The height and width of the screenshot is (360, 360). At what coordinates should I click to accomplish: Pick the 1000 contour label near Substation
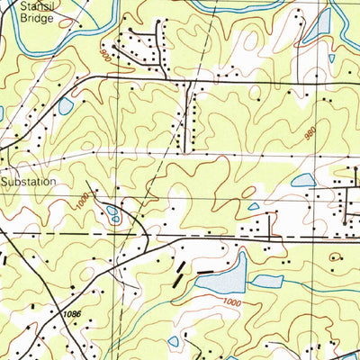85,195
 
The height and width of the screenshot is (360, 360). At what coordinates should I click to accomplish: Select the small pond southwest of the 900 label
65,105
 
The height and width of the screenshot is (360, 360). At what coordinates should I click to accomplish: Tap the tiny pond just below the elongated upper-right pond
331,58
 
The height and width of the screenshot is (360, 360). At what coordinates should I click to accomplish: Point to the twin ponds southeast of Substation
112,214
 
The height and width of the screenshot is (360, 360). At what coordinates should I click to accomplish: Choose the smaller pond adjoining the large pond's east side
266,281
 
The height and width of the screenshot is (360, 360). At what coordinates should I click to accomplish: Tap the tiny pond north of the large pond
255,206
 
